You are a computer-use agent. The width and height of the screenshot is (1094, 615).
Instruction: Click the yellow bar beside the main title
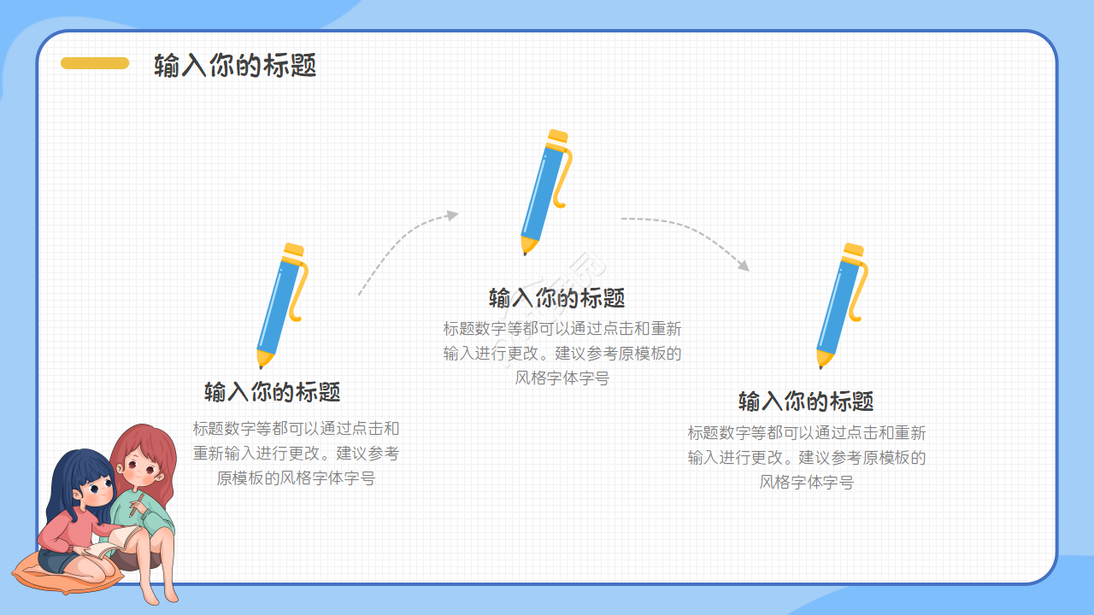(x=95, y=63)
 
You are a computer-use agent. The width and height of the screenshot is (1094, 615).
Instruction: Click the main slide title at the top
(x=235, y=65)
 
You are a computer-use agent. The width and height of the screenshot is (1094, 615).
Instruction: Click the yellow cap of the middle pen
(x=558, y=138)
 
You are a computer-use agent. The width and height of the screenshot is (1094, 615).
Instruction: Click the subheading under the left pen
(x=272, y=392)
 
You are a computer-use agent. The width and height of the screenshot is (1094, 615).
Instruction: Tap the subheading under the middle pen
(x=556, y=298)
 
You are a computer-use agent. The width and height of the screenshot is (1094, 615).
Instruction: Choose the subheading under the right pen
(x=806, y=401)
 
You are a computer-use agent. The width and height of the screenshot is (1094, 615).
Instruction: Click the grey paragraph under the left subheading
(x=296, y=454)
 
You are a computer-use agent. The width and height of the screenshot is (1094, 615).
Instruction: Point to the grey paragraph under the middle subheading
(x=562, y=354)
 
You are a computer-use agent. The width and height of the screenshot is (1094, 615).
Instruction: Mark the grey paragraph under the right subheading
(x=806, y=458)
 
